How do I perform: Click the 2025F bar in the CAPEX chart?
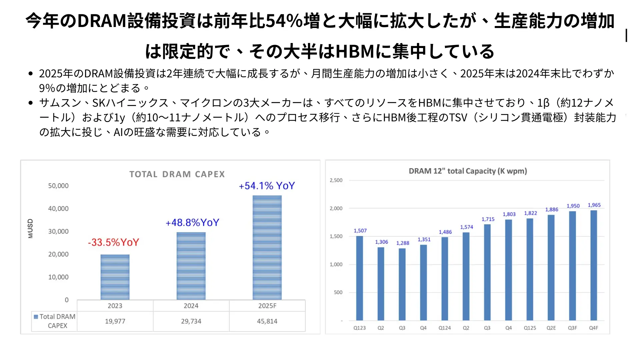coord(267,247)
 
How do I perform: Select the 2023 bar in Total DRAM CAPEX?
coord(115,277)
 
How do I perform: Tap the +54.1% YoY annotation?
coord(267,186)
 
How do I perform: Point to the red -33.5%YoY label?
coord(113,242)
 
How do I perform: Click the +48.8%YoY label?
coord(192,222)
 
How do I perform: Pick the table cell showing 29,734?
coord(191,321)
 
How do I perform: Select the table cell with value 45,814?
coord(267,321)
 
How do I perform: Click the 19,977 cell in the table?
coord(115,321)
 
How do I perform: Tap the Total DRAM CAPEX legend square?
coord(36,317)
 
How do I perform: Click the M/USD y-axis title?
coord(30,228)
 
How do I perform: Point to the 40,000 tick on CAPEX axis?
coord(58,209)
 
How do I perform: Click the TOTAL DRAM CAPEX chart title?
coord(177,174)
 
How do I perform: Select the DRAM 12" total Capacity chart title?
coord(468,171)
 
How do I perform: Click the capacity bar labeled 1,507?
coord(360,278)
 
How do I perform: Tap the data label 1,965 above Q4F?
coord(594,205)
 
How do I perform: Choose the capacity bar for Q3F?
coord(572,266)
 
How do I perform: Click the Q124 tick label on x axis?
coord(445,328)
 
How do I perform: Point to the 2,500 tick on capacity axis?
coord(336,180)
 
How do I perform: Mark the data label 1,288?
coord(403,243)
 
